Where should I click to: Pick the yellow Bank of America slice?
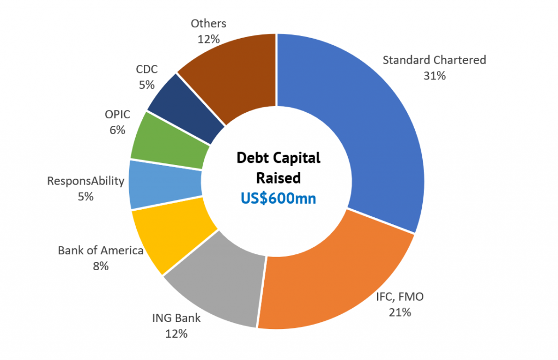[x=169, y=234]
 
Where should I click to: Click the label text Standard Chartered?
[x=434, y=60]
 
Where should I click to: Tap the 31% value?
[x=434, y=76]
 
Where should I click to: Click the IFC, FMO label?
[x=399, y=297]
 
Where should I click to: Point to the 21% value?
[x=399, y=312]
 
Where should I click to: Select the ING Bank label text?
[x=176, y=318]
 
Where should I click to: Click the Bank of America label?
[x=100, y=251]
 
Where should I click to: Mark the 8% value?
[x=100, y=266]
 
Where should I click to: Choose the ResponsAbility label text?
[x=86, y=181]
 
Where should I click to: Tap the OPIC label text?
[x=117, y=114]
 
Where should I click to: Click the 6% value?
[x=117, y=130]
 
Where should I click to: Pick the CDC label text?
[x=146, y=69]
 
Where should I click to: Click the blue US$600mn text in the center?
[x=278, y=198]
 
